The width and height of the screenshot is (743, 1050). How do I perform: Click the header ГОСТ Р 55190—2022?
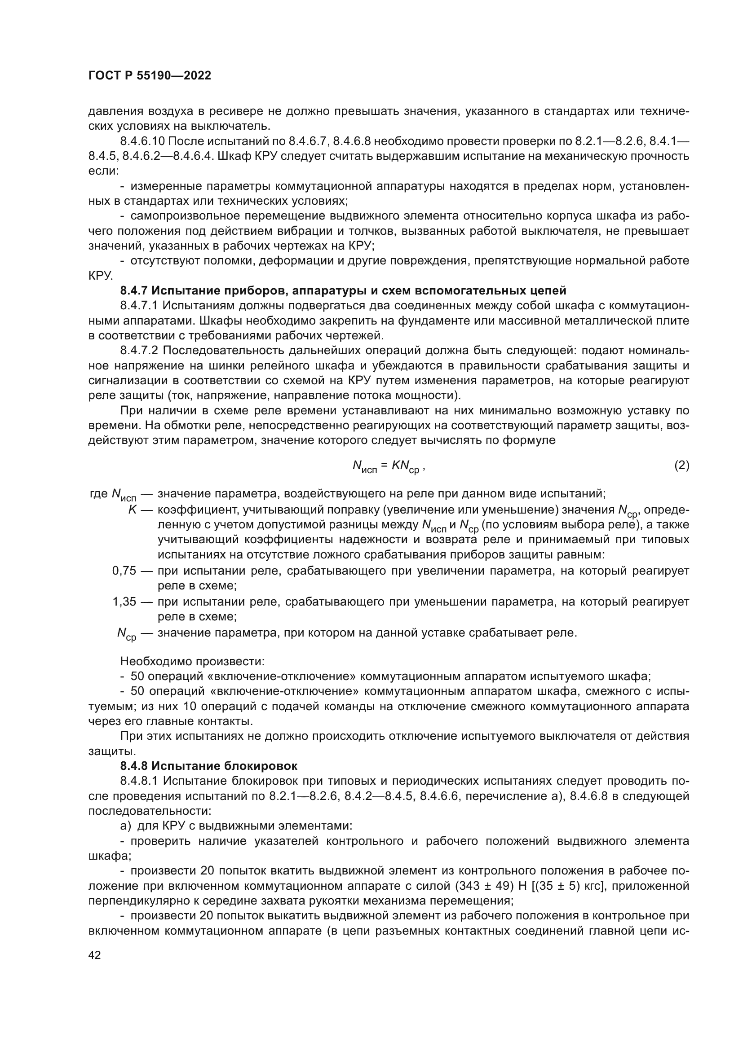[x=150, y=76]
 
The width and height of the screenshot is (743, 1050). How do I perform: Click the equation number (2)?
[x=681, y=466]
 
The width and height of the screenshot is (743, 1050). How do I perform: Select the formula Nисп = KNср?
[x=389, y=466]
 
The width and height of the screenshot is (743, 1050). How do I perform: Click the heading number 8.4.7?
[x=134, y=291]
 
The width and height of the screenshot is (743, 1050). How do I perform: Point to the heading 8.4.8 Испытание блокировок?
[x=208, y=766]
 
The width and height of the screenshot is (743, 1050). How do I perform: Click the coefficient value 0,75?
[x=124, y=571]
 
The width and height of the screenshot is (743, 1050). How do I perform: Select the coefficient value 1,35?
[x=124, y=602]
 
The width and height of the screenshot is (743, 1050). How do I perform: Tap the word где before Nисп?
[x=98, y=494]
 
